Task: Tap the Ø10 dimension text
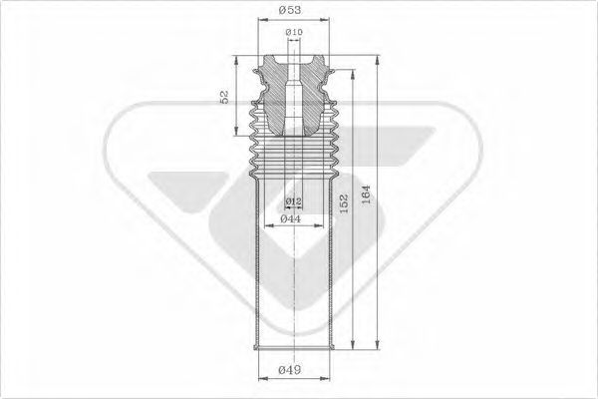coord(294,34)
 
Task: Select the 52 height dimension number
coord(225,97)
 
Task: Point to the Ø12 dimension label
coord(294,202)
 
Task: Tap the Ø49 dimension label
coord(291,372)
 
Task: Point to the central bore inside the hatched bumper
coord(294,100)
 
